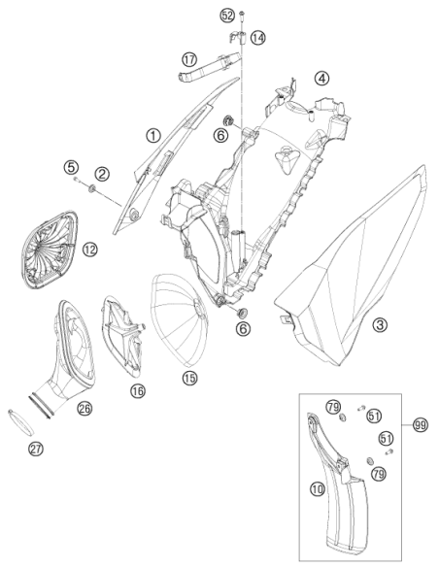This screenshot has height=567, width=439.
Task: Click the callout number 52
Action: point(227,16)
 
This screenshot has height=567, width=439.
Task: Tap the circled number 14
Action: point(257,38)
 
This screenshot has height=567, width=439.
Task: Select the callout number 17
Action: point(189,59)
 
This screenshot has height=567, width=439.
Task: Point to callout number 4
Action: point(321,78)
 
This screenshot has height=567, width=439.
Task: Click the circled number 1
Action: point(153,136)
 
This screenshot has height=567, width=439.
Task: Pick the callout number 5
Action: point(71,167)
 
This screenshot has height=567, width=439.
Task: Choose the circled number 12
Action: point(90,250)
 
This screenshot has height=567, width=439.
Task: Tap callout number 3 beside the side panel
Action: point(380,324)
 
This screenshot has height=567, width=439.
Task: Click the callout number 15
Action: point(189,379)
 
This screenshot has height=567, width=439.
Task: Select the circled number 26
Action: point(84,408)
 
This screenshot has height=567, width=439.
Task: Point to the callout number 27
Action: point(36,449)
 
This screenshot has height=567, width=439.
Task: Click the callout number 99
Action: point(421,425)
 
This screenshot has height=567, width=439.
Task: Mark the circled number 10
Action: point(318,489)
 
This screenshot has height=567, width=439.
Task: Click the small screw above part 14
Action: point(242,15)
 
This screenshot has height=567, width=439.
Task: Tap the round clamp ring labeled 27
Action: point(21,422)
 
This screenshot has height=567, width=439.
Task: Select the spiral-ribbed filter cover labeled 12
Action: point(48,250)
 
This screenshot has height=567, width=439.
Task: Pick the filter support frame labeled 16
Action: point(123,336)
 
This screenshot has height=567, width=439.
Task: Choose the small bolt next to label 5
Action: point(77,179)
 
